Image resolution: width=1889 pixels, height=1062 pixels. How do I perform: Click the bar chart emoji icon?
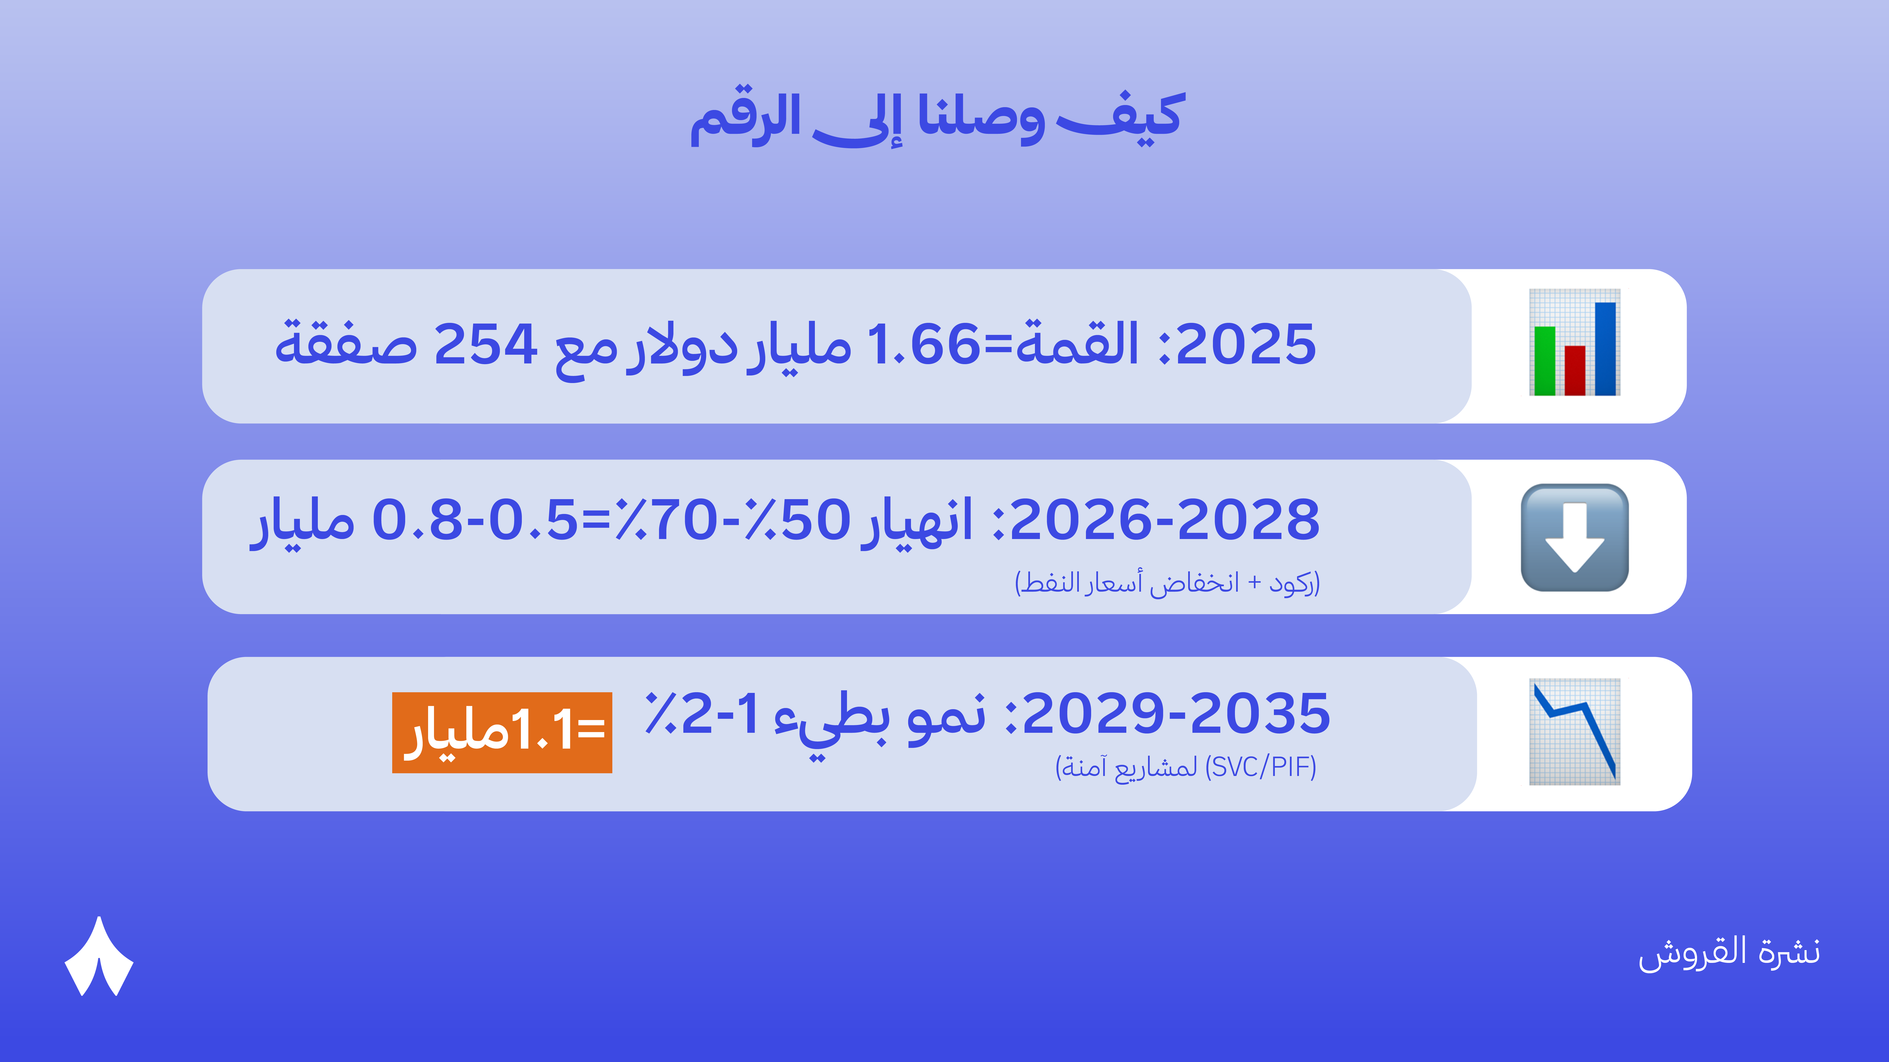(x=1574, y=342)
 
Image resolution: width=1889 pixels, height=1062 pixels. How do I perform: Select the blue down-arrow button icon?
(x=1574, y=537)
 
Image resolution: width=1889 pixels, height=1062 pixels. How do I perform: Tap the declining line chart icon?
(x=1574, y=731)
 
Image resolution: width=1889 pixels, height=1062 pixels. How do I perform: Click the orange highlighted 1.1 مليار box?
(x=502, y=732)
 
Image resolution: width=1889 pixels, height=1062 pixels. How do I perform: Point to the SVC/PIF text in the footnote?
(x=1261, y=767)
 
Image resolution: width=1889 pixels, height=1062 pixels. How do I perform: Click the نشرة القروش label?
(x=1729, y=953)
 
